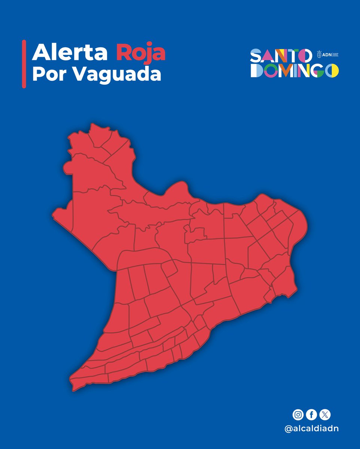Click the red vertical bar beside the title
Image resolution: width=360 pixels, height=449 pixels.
point(24,64)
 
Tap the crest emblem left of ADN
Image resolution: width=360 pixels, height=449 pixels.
point(319,54)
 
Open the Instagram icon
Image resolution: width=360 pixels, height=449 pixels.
point(298,415)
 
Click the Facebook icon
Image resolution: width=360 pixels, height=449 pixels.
point(311,415)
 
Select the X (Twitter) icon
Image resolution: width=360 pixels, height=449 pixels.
point(325,415)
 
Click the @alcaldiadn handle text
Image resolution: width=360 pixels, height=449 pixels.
point(312,429)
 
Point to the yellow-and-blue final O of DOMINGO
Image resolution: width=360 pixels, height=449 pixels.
point(332,70)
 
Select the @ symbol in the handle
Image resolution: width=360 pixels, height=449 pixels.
point(289,429)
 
